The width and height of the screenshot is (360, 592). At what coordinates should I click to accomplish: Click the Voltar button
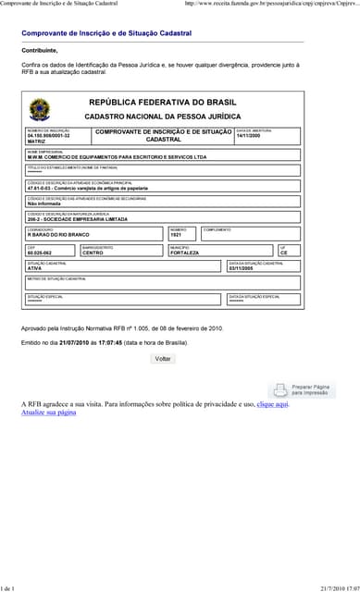tap(163, 358)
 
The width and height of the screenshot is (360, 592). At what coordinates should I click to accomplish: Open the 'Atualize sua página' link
tap(48, 412)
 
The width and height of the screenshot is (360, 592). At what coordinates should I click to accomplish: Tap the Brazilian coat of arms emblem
tap(42, 109)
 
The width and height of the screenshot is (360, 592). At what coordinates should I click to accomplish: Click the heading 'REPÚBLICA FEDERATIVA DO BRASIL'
tap(162, 102)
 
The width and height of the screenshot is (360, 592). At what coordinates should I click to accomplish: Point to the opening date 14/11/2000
tap(248, 135)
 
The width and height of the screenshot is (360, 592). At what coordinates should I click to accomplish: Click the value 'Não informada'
tap(44, 203)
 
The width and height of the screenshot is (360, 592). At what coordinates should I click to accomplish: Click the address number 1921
tap(176, 235)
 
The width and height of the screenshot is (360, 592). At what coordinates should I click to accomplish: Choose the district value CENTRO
tap(93, 252)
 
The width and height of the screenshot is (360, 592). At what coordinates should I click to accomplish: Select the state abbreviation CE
tap(283, 252)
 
